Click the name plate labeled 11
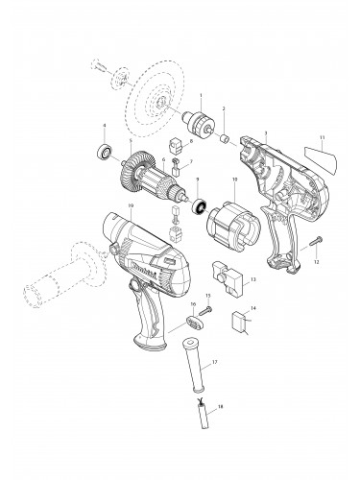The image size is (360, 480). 316,153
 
